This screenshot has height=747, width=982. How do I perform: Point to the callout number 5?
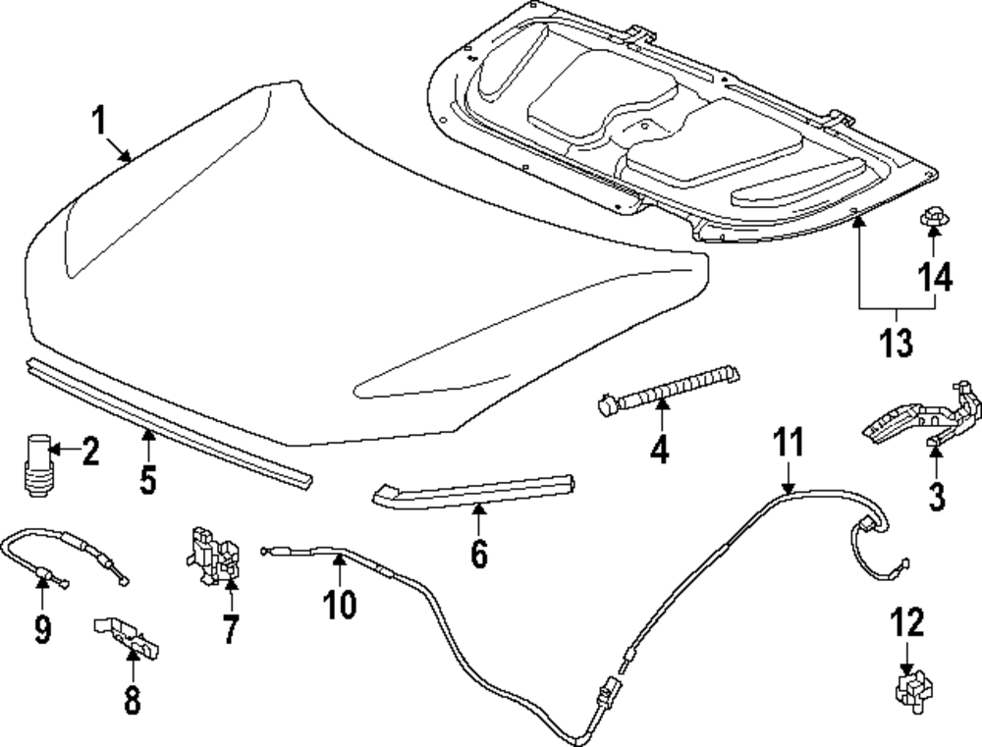(x=146, y=482)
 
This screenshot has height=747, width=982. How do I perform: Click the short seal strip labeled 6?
(x=471, y=490)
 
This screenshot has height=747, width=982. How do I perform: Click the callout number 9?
(x=42, y=627)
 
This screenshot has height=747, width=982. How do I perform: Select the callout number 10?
(x=340, y=604)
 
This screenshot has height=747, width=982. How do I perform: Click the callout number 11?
(x=789, y=444)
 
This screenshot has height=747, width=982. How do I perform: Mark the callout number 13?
(x=897, y=343)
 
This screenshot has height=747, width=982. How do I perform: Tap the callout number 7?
(x=230, y=628)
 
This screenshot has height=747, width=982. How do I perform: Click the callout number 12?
(x=907, y=622)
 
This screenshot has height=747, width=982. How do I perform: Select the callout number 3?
(x=937, y=496)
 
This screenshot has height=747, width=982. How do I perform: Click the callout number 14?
(x=934, y=278)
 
